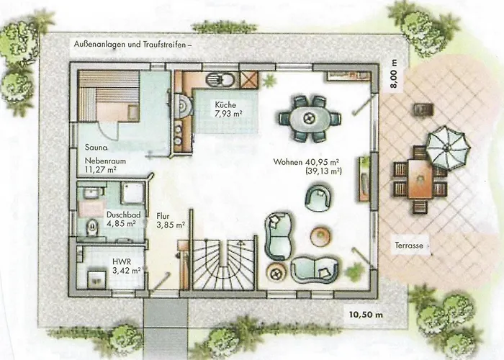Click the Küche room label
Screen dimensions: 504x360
click(x=225, y=105)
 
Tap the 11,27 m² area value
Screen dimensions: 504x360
click(x=100, y=169)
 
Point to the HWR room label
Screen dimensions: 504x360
click(x=122, y=261)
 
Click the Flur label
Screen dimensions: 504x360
click(x=163, y=216)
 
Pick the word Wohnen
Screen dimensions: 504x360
click(x=288, y=162)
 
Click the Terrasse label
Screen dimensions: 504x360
click(x=409, y=246)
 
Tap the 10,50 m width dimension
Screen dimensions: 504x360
click(x=366, y=315)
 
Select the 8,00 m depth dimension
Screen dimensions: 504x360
click(x=395, y=73)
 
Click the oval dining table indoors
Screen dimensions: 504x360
click(x=310, y=119)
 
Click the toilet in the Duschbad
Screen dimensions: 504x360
click(x=92, y=226)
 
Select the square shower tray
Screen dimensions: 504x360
click(x=132, y=193)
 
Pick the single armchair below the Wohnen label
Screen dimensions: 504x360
click(x=318, y=197)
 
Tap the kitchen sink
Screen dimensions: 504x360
click(x=219, y=79)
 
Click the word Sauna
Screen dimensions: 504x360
click(x=96, y=148)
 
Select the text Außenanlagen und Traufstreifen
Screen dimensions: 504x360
click(x=130, y=45)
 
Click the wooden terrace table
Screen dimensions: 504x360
click(x=420, y=179)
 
